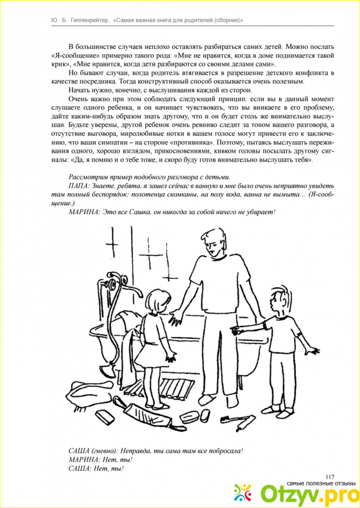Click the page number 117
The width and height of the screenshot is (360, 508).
(331, 477)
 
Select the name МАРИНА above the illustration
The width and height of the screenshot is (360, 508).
(85, 212)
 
